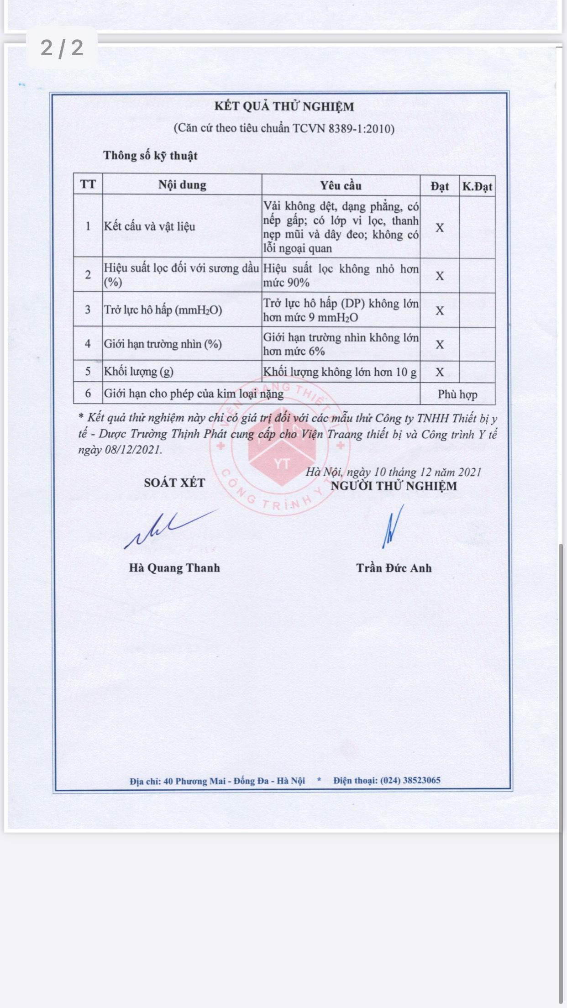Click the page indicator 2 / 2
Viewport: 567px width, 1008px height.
pos(62,47)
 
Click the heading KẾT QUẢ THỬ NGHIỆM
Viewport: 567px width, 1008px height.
pos(284,106)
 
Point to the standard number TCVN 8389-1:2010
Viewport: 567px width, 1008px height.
pos(343,128)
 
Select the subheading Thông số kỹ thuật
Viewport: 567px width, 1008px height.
pos(150,156)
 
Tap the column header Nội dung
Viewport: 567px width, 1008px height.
pos(182,185)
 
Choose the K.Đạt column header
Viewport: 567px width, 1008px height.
pos(477,186)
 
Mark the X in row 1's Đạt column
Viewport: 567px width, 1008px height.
pos(440,228)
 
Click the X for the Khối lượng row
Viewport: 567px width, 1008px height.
pos(440,372)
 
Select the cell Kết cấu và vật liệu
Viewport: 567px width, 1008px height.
pos(149,226)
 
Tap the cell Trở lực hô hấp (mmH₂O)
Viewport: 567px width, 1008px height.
pos(163,310)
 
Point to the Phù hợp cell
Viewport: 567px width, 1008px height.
pos(457,394)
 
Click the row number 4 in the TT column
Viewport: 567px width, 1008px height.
pos(88,343)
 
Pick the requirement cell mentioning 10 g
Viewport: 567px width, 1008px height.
pos(340,372)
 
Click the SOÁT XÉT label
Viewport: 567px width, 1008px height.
pos(174,483)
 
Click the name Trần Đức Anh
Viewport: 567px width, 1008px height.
pos(394,568)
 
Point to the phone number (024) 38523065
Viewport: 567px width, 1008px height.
pos(410,780)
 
